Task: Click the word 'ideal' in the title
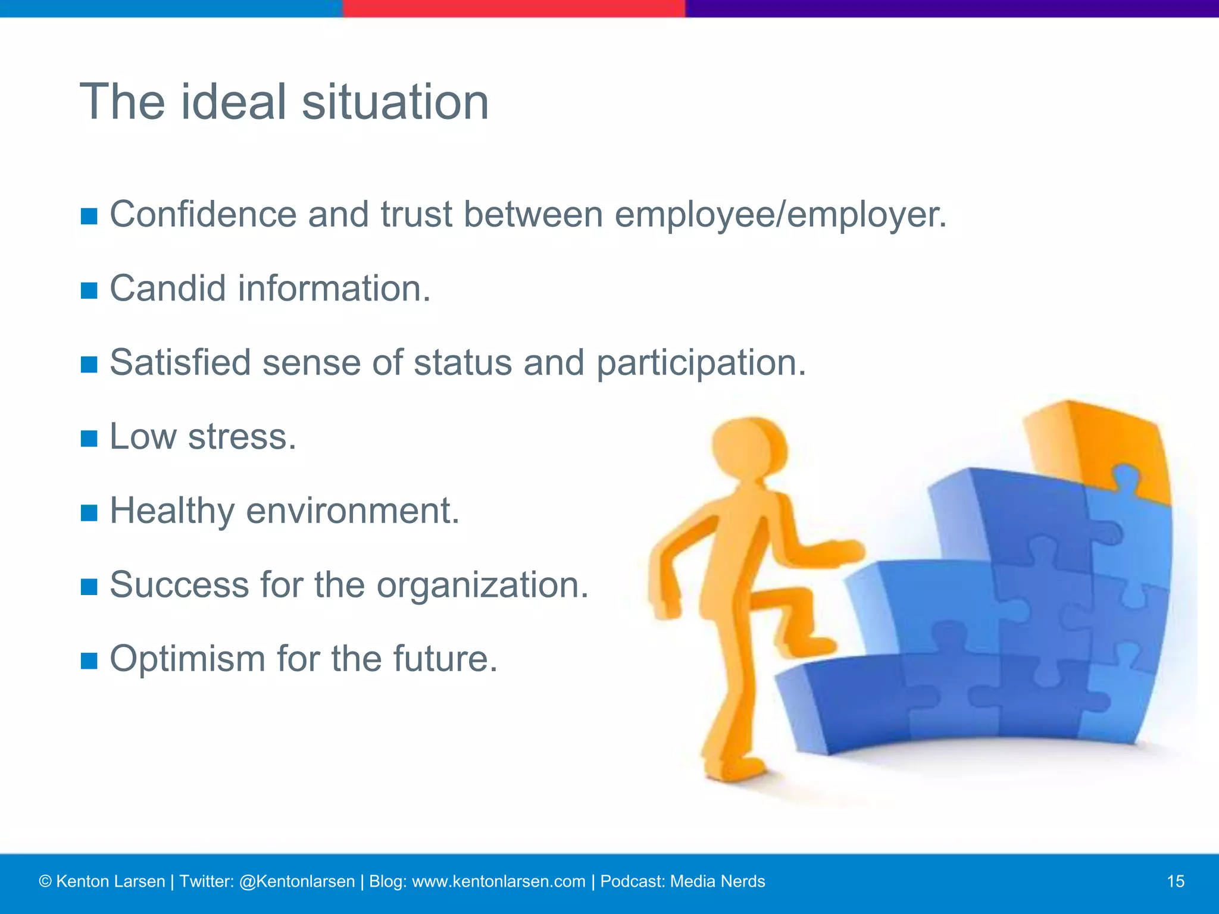tap(234, 102)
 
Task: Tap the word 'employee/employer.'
tap(780, 215)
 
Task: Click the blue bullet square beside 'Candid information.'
tap(89, 291)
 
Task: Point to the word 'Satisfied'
tap(180, 362)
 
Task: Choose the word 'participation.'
tap(701, 364)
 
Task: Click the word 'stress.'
tap(242, 437)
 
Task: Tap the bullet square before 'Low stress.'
tap(89, 439)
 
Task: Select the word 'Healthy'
tap(172, 511)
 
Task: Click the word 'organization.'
tap(482, 586)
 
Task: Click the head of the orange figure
tap(749, 449)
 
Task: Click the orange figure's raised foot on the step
tap(809, 646)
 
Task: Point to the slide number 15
tap(1176, 881)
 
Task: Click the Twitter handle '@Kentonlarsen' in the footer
tap(296, 881)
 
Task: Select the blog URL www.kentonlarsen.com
tap(498, 881)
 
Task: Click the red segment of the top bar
tap(514, 8)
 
